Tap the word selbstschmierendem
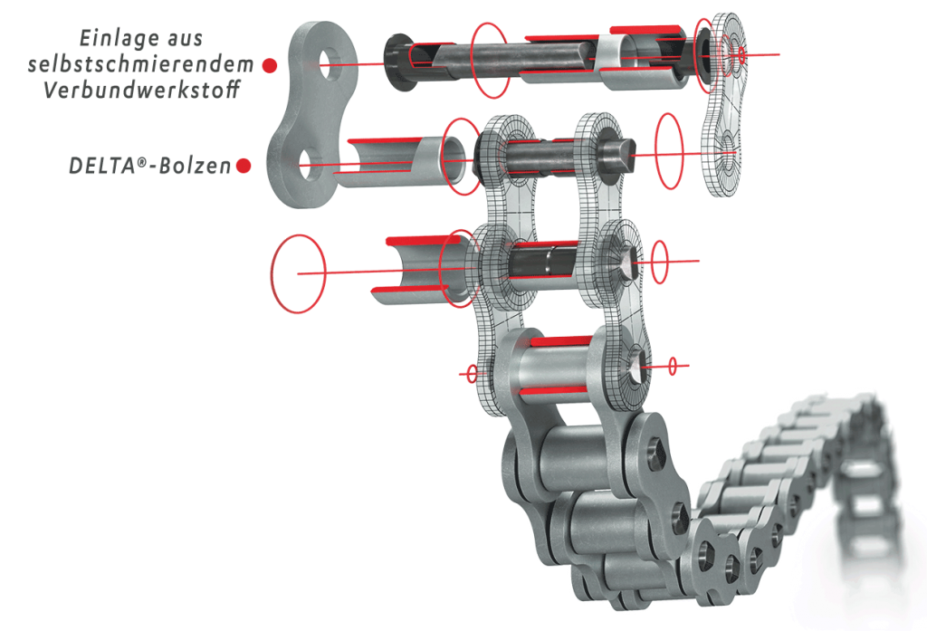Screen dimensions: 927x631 [140, 63]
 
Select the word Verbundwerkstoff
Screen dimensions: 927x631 [142, 90]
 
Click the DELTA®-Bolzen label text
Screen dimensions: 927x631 [150, 167]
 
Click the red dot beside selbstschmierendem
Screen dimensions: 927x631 [270, 65]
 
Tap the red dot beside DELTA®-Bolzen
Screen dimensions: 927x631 [244, 166]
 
